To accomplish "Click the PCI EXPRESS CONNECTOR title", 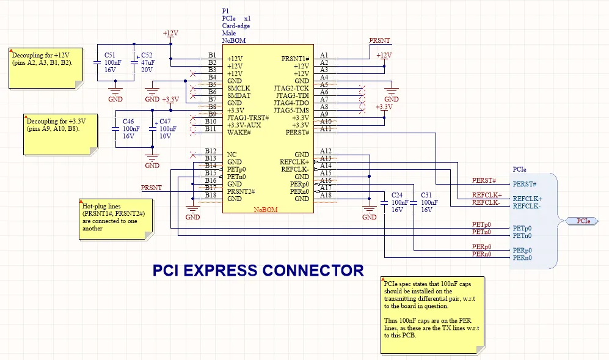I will (x=258, y=270).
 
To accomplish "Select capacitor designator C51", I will (x=109, y=55).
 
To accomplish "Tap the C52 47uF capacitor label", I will (x=148, y=55).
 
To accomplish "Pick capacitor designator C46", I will (x=128, y=122).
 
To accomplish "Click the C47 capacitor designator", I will (x=166, y=122).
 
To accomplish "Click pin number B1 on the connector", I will (x=211, y=56).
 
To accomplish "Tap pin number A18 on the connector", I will (x=326, y=195).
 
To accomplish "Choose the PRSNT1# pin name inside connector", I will (x=295, y=59).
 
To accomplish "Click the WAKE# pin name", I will (x=239, y=133).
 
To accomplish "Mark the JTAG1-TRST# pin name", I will (x=248, y=118).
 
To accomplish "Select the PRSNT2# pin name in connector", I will (x=241, y=191).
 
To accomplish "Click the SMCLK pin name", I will (x=238, y=89).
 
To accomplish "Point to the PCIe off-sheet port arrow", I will (x=583, y=221).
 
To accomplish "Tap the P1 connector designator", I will (x=225, y=12).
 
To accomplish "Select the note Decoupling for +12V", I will (x=46, y=67).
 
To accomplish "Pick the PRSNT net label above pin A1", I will (x=380, y=41).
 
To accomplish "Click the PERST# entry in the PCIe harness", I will (x=524, y=184).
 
